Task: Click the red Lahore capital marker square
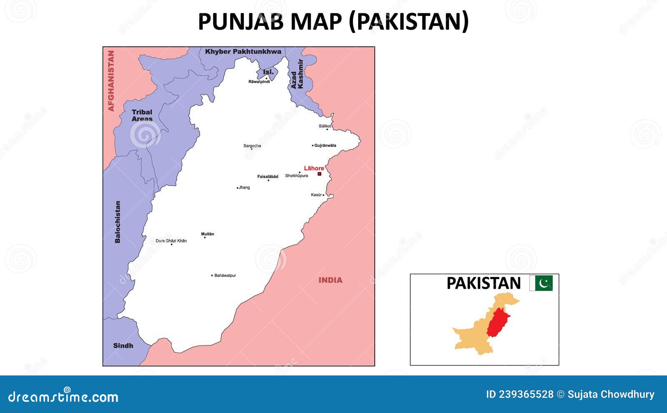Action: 319,174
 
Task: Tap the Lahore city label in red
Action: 314,168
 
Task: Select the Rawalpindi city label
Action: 259,82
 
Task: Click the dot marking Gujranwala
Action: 313,146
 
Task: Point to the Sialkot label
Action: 325,126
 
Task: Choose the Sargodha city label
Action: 252,146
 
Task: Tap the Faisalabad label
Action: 268,176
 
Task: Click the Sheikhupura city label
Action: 296,176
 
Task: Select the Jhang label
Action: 244,187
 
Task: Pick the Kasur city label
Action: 316,195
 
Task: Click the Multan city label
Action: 208,234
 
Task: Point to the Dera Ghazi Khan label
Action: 171,241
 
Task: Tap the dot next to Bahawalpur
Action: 212,275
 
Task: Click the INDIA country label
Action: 331,280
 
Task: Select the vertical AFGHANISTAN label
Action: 111,81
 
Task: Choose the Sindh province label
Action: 123,345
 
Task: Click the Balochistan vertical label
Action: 118,222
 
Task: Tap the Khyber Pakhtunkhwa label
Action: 243,52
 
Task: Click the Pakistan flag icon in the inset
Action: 541,283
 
